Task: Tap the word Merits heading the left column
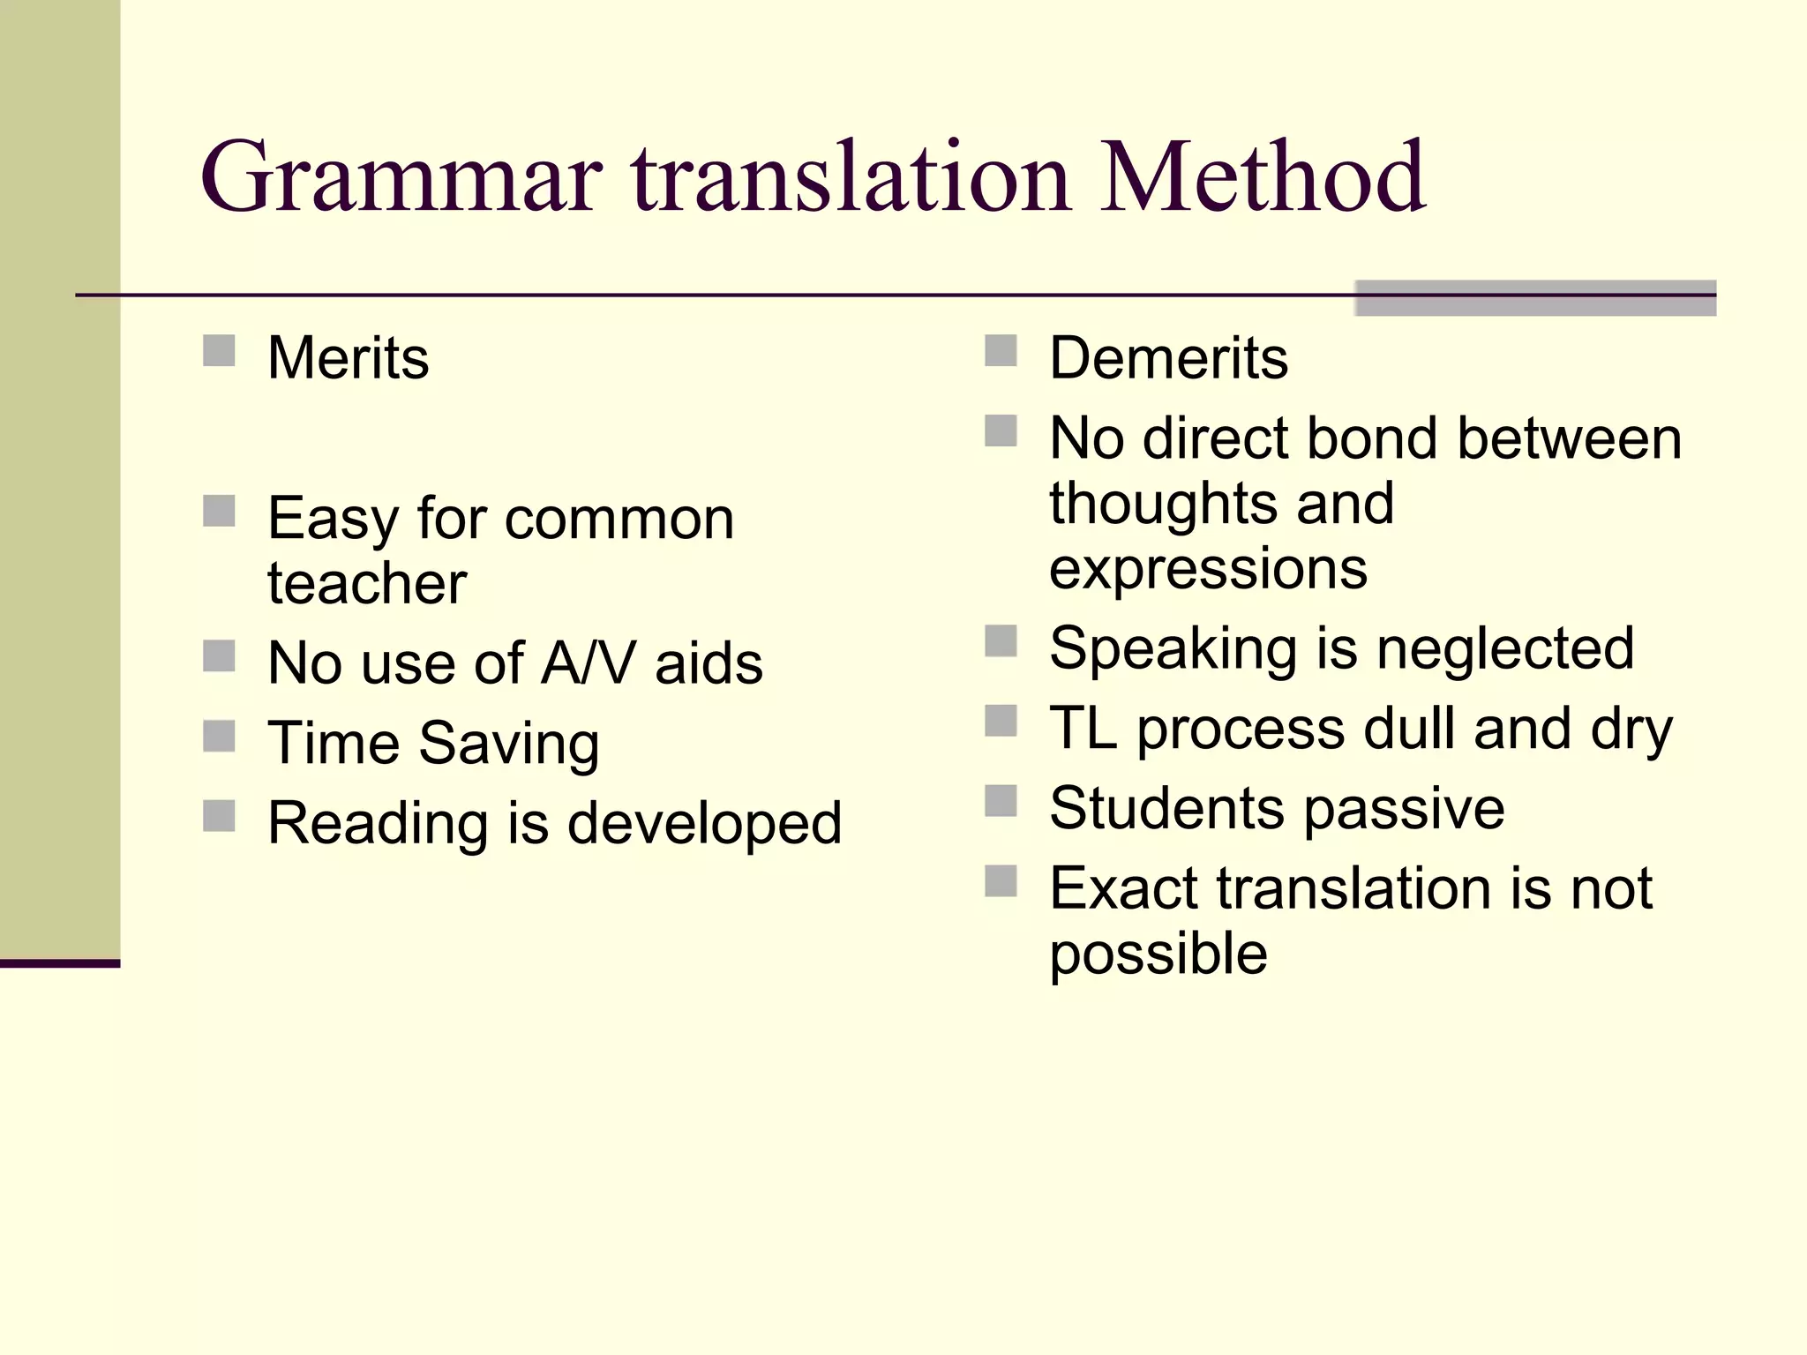point(348,358)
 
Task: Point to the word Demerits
point(1168,358)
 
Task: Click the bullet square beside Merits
point(219,350)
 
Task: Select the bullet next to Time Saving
point(219,736)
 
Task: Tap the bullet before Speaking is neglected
point(1001,641)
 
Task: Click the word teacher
point(366,584)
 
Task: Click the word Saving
point(509,744)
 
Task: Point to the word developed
point(704,824)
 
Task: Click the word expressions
point(1208,569)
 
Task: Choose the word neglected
point(1505,649)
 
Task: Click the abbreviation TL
point(1083,730)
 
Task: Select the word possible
point(1158,954)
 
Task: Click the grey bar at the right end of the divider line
point(1535,298)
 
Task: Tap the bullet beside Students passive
point(1001,802)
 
